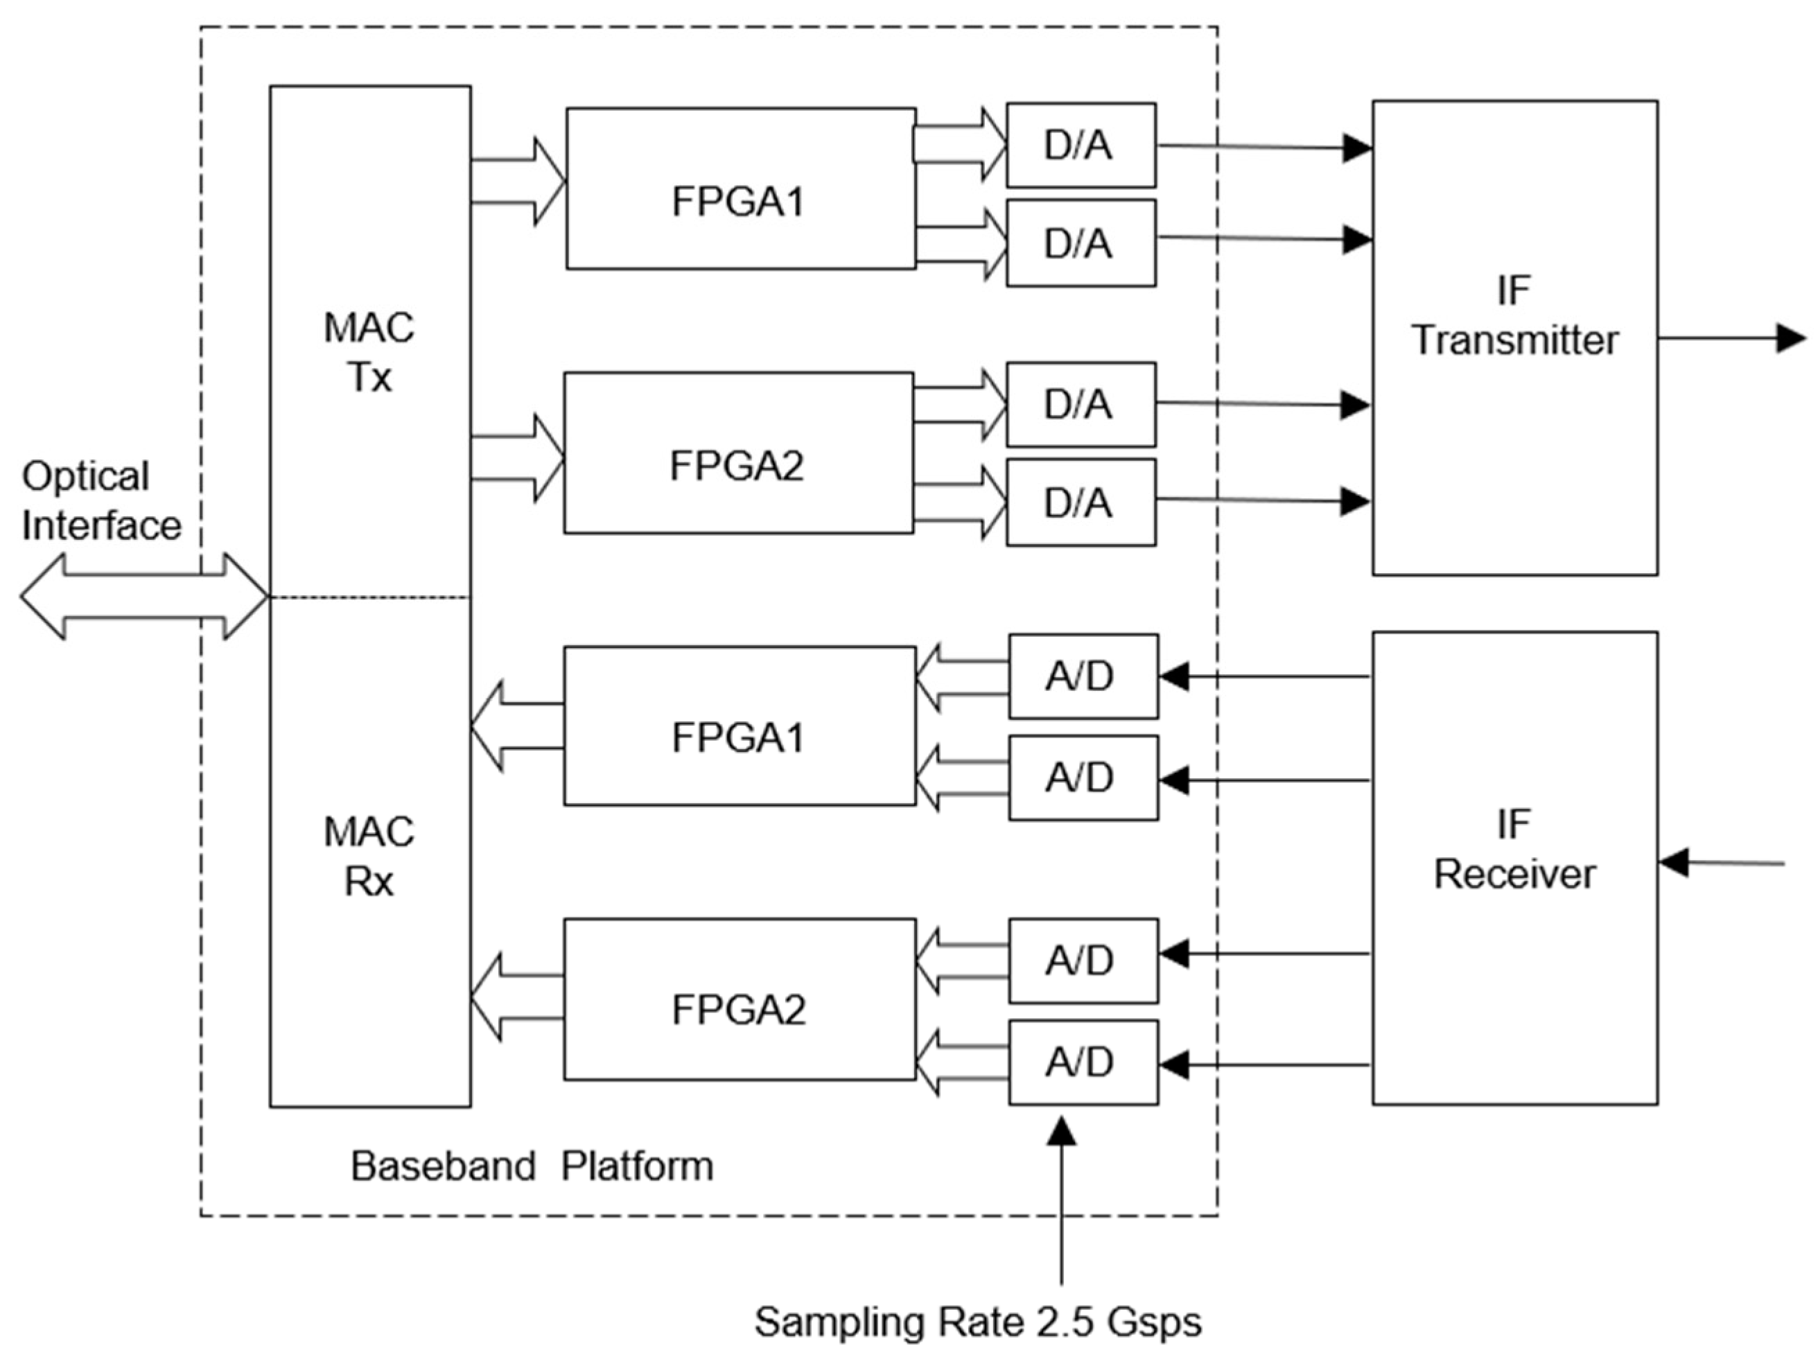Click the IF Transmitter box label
pyautogui.click(x=1514, y=317)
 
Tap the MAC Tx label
pyautogui.click(x=369, y=352)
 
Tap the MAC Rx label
pyautogui.click(x=369, y=857)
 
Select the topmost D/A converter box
pyautogui.click(x=1080, y=146)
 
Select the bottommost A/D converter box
pyautogui.click(x=1083, y=1062)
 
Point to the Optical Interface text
pyautogui.click(x=100, y=500)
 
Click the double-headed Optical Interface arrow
pyautogui.click(x=144, y=597)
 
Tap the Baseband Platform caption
pyautogui.click(x=532, y=1166)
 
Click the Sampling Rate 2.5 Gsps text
pyautogui.click(x=977, y=1322)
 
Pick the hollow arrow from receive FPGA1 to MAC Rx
pyautogui.click(x=517, y=726)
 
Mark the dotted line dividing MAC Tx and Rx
pyautogui.click(x=370, y=597)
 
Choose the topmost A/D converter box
pyautogui.click(x=1083, y=676)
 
